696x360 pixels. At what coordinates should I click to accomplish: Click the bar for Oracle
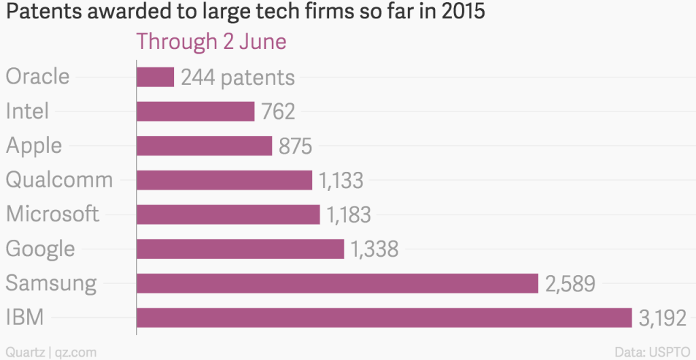point(156,77)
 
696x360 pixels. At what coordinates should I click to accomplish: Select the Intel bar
point(196,111)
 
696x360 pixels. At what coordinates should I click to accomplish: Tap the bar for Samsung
point(337,283)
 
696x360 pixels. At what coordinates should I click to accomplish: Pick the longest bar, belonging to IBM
point(385,318)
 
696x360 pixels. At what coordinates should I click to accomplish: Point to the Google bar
point(241,249)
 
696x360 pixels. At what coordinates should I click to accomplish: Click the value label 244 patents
point(238,77)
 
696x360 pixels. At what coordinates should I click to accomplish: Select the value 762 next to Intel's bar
point(278,111)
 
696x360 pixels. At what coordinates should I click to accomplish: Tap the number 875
point(296,146)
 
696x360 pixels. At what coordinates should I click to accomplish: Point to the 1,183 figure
point(349,215)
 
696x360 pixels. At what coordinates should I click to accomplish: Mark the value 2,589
point(570,283)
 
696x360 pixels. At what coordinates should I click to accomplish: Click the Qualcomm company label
point(59,180)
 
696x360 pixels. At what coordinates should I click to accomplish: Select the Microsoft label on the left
point(52,214)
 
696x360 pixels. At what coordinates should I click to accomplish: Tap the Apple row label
point(34,145)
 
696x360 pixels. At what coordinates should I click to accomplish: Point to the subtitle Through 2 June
point(211,41)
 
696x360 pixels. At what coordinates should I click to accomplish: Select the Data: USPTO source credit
point(651,352)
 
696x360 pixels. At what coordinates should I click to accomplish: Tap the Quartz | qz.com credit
point(52,352)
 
